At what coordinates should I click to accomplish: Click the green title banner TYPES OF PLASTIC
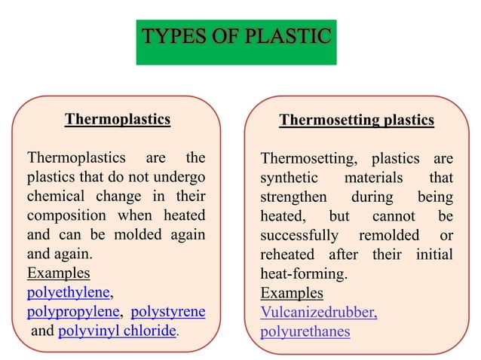coord(236,37)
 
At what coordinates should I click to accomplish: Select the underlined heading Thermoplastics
coord(118,119)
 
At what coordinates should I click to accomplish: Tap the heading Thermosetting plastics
coord(357,121)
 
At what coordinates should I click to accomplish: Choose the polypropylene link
coord(72,311)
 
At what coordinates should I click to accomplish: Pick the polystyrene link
coord(168,311)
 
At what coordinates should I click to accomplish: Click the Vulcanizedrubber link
coord(318,312)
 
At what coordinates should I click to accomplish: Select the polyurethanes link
coord(305,331)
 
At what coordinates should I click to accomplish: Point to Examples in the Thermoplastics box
coord(58,273)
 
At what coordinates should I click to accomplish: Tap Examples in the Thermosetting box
coord(292,292)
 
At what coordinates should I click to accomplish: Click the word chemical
coord(58,197)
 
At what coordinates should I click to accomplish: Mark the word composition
coord(68,215)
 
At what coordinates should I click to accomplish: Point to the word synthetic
coord(288,178)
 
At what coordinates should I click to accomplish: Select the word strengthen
coord(293,197)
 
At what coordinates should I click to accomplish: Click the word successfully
coord(299,234)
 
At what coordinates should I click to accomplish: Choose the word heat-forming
coord(303,273)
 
